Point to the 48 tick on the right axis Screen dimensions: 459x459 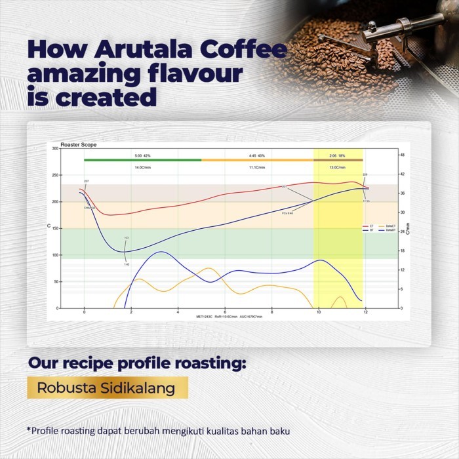pyautogui.click(x=403, y=155)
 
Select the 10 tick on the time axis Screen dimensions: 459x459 pyautogui.click(x=319, y=313)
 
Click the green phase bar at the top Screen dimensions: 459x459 pyautogui.click(x=142, y=159)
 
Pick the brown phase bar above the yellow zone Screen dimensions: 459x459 pyautogui.click(x=338, y=159)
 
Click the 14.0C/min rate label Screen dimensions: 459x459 pyautogui.click(x=143, y=167)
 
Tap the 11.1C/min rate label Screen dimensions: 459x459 pyautogui.click(x=256, y=167)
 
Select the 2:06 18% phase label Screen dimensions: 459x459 pyautogui.click(x=338, y=155)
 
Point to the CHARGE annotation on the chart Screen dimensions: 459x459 pyautogui.click(x=89, y=207)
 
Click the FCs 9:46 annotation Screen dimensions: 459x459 pyautogui.click(x=287, y=213)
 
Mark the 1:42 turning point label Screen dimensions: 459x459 pyautogui.click(x=127, y=264)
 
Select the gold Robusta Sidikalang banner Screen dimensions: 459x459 pyautogui.click(x=106, y=388)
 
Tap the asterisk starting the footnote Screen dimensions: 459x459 pyautogui.click(x=29, y=430)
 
